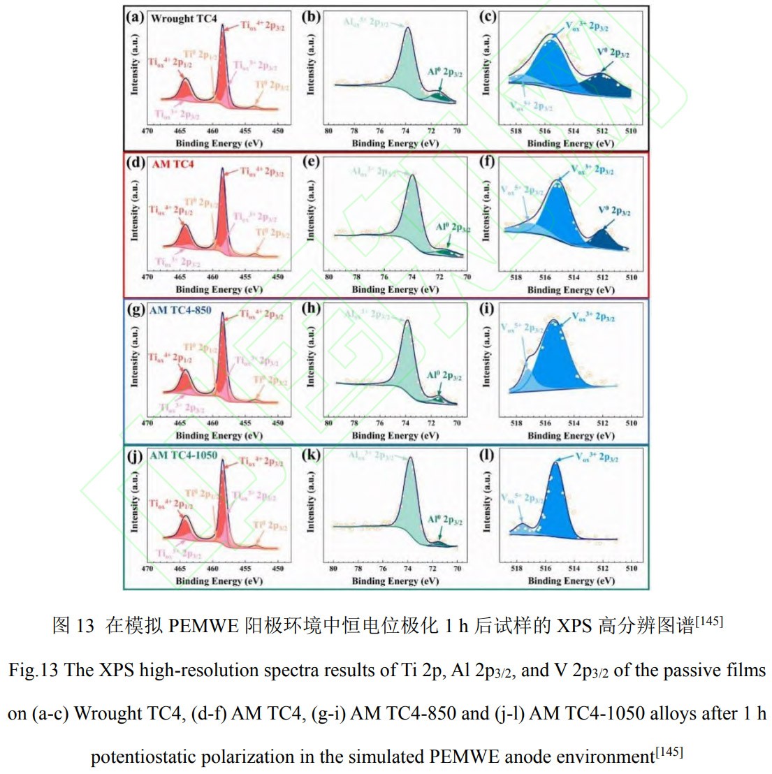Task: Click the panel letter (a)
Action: [x=135, y=17]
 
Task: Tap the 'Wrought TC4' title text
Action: [x=184, y=19]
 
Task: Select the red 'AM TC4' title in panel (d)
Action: [x=173, y=164]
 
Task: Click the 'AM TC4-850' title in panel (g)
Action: [x=180, y=310]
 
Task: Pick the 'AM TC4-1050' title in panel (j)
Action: [x=183, y=455]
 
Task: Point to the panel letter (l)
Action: [x=487, y=455]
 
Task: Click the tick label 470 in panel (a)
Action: [x=147, y=131]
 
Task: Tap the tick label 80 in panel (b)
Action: [x=328, y=131]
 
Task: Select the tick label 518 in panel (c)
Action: [x=516, y=131]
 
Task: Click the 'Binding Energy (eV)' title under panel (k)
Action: [x=395, y=580]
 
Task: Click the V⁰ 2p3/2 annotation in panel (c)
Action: [x=613, y=53]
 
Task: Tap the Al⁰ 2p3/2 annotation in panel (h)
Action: [x=444, y=376]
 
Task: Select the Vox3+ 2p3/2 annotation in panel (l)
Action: [x=596, y=458]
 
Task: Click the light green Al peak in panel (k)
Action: [x=409, y=503]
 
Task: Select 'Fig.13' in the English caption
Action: [x=34, y=671]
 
